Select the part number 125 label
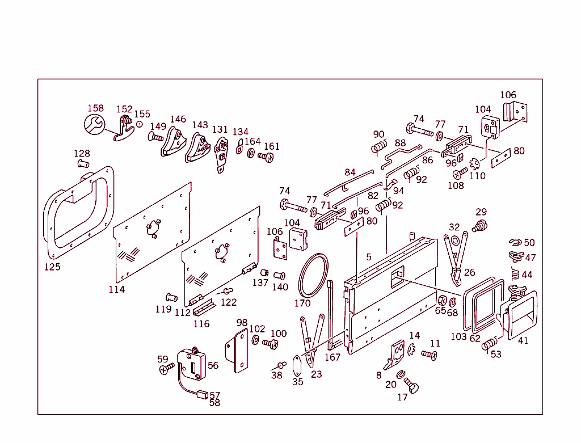[x=52, y=267]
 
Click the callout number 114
[x=117, y=289]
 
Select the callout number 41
[x=523, y=341]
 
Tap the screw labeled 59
[x=166, y=369]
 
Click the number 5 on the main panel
[x=368, y=257]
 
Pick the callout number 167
[x=332, y=357]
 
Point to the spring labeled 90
[x=377, y=148]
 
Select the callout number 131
[x=220, y=129]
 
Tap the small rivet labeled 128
[x=82, y=164]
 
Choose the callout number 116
[x=201, y=324]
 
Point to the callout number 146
[x=178, y=119]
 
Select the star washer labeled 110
[x=475, y=165]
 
